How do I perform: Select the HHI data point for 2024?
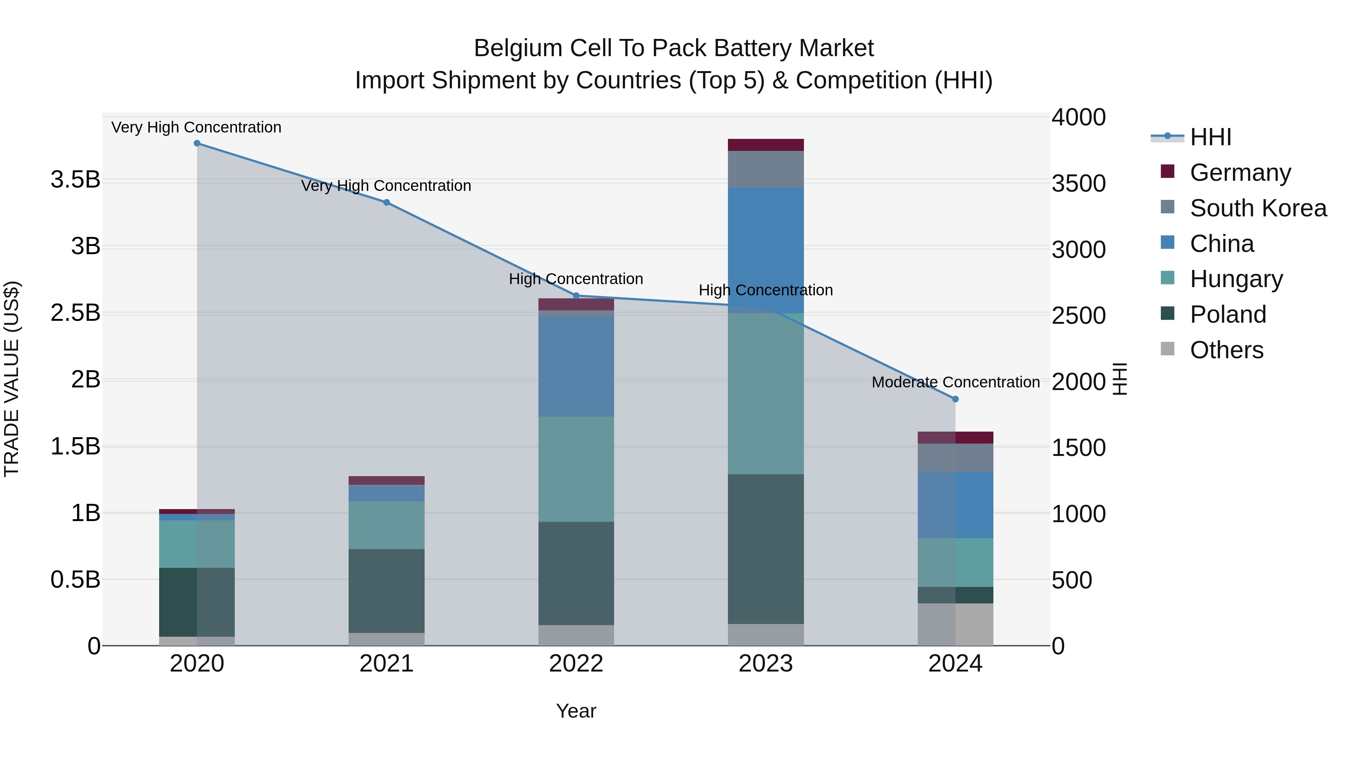click(x=955, y=399)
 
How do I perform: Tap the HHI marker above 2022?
click(x=576, y=296)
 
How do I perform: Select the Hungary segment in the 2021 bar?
click(x=387, y=525)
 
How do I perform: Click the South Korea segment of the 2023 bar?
click(x=766, y=169)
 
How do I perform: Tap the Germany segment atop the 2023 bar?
click(x=766, y=145)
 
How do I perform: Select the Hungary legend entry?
click(x=1236, y=279)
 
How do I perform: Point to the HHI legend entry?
click(x=1210, y=137)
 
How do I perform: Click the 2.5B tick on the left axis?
click(x=75, y=313)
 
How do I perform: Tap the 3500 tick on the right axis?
click(x=1078, y=184)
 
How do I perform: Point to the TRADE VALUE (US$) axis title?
click(x=12, y=379)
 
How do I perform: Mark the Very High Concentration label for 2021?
click(x=386, y=186)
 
